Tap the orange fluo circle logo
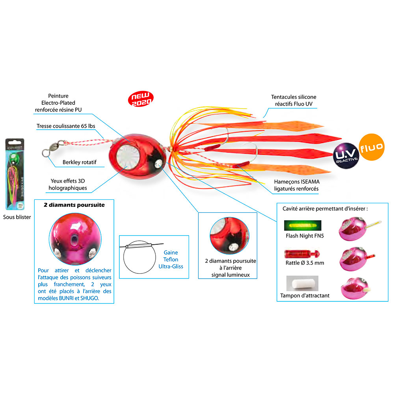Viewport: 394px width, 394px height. coord(371,148)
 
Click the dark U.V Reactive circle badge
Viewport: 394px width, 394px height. coord(346,154)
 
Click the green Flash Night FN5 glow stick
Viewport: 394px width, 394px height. coord(302,226)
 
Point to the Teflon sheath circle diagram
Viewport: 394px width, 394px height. coord(136,256)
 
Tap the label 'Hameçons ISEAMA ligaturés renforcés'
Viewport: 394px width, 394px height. coord(296,185)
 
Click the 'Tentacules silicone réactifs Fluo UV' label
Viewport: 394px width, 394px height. coord(294,100)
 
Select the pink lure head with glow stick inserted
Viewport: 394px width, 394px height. coord(355,227)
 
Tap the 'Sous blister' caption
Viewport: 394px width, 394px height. coord(17,217)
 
